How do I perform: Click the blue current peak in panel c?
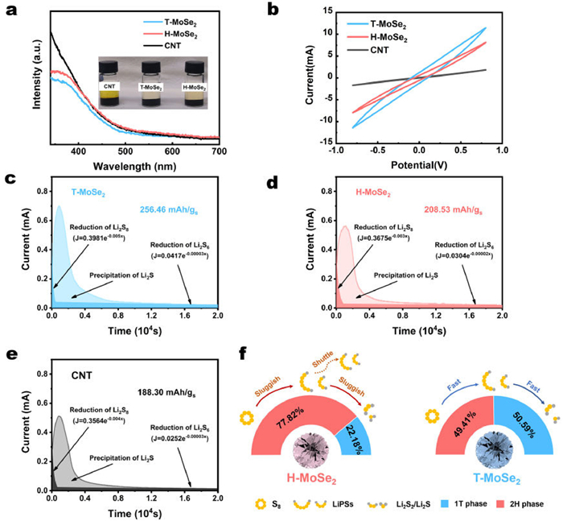coord(59,208)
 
